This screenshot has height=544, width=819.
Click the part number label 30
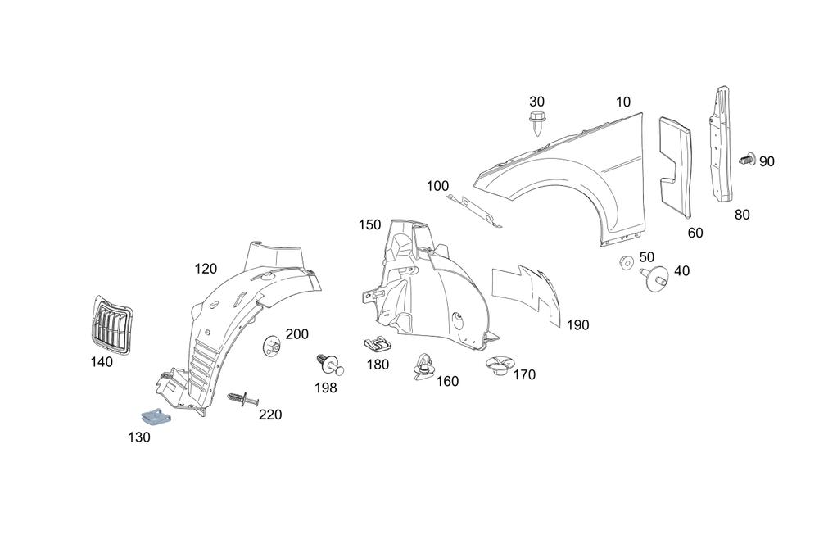[x=536, y=102]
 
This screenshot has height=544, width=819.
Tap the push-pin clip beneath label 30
[x=536, y=125]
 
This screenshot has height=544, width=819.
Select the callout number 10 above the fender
[x=623, y=102]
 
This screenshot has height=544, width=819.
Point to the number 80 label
[x=742, y=215]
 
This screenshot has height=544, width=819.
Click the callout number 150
[x=370, y=224]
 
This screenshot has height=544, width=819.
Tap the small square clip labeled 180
[x=376, y=347]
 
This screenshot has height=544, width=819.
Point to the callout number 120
[x=206, y=268]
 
